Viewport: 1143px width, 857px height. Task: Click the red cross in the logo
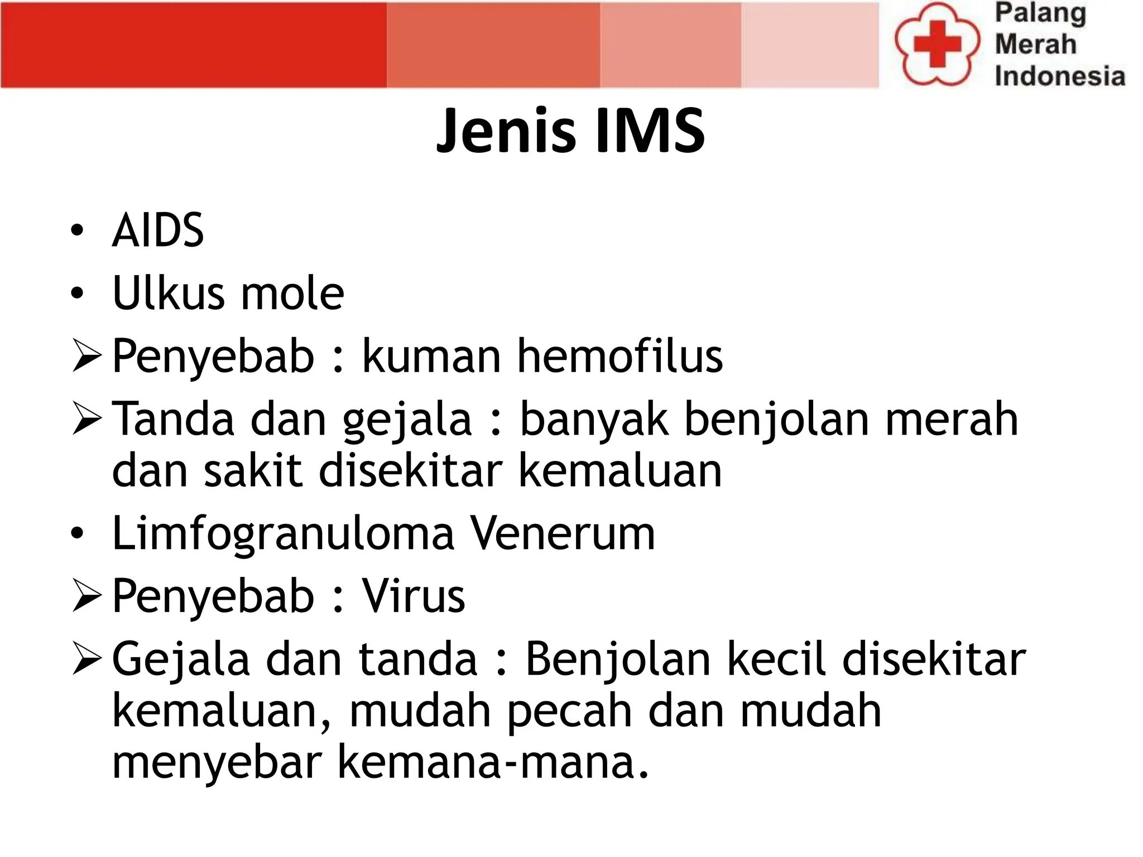(x=937, y=44)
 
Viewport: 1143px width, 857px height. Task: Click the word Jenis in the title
(x=506, y=131)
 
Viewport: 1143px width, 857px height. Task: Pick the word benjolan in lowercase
(x=776, y=420)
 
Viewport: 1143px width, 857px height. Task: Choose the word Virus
(x=414, y=596)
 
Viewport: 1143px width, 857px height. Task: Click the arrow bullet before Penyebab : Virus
(x=87, y=596)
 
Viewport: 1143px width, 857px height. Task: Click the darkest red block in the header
(x=193, y=45)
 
